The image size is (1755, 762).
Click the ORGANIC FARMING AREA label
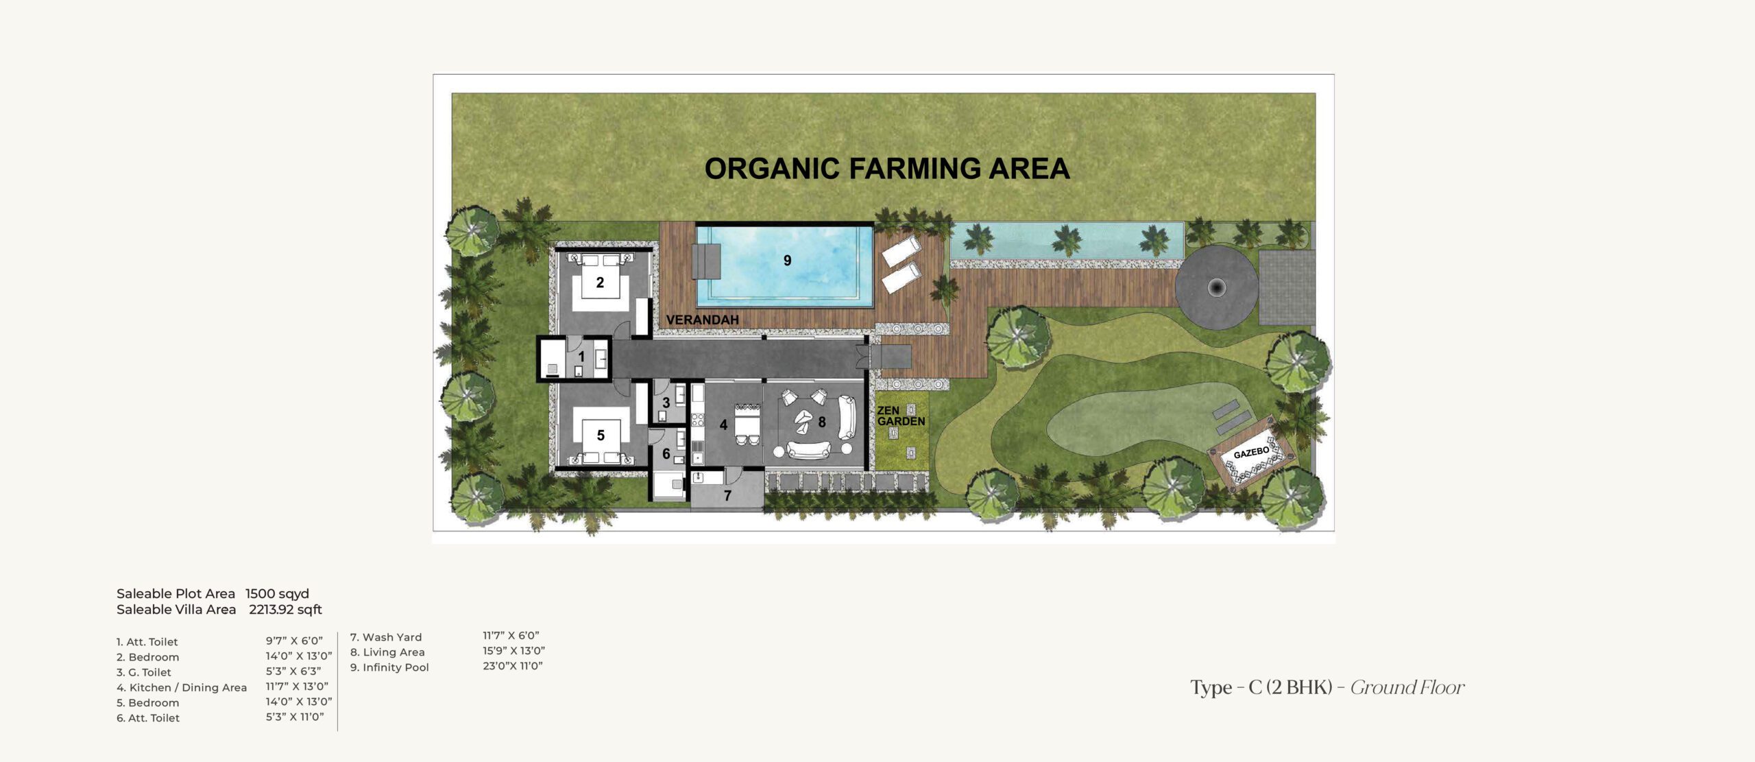point(887,169)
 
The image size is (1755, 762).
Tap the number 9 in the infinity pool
point(788,261)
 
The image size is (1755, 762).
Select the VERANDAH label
point(703,320)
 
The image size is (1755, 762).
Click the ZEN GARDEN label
point(901,416)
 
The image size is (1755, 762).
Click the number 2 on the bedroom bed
point(600,283)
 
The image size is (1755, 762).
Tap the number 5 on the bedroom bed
point(601,436)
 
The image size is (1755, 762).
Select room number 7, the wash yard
point(728,495)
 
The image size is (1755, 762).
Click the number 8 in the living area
point(822,422)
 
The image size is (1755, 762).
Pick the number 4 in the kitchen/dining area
point(723,425)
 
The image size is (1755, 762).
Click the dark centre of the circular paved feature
point(1217,287)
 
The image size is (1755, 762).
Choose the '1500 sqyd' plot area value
point(278,594)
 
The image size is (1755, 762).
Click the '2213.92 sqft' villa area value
point(285,610)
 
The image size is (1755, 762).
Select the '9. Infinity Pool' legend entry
point(389,667)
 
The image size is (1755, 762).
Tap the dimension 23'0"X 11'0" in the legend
point(513,665)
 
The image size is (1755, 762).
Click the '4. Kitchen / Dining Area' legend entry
point(182,687)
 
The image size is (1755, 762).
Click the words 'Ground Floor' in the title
point(1407,687)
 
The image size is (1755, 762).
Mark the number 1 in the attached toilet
point(581,357)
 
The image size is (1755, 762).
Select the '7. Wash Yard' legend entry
point(386,637)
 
